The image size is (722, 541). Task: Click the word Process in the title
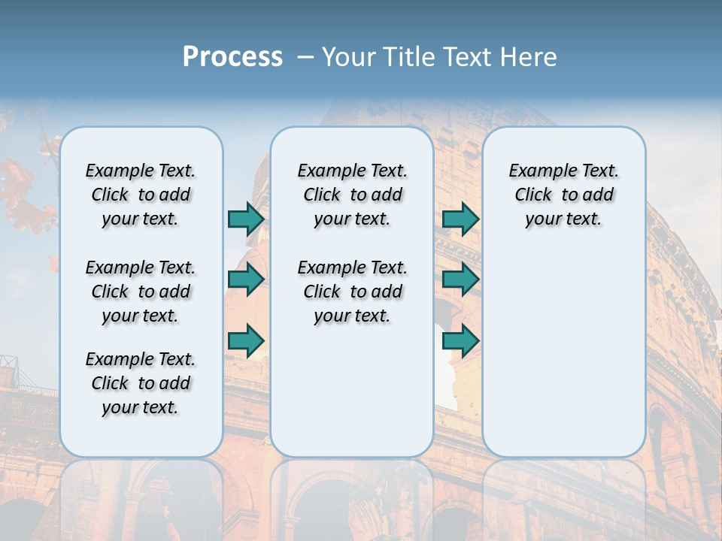click(232, 56)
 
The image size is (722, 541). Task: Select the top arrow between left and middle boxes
click(246, 219)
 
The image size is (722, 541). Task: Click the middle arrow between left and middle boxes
click(246, 280)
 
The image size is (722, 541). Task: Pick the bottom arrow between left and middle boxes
click(246, 340)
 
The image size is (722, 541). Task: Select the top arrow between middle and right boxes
click(460, 219)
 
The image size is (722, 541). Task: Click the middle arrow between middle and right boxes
click(460, 280)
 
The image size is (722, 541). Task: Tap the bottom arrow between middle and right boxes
click(460, 340)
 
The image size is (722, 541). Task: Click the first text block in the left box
click(141, 195)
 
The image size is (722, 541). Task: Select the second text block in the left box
click(141, 292)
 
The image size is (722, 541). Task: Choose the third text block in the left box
click(141, 383)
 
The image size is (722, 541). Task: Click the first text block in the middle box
click(352, 195)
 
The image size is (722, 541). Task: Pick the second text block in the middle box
click(352, 292)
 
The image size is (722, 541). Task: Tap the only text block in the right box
click(563, 195)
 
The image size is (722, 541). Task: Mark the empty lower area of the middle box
click(352, 391)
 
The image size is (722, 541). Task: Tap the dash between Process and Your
click(305, 57)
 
